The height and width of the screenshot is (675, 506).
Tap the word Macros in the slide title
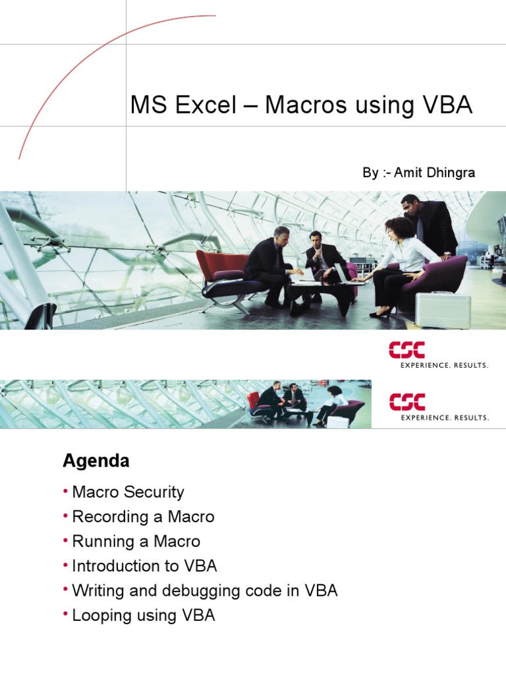coord(307,105)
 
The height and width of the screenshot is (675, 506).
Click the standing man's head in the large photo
coord(410,205)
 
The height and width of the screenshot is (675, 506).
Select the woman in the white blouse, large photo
coord(401,260)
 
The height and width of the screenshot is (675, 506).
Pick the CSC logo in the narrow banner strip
coord(407,401)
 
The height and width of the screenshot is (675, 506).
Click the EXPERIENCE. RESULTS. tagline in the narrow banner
coord(445,417)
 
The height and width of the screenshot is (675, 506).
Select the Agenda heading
coord(96,461)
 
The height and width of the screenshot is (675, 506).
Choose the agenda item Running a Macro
coord(136,542)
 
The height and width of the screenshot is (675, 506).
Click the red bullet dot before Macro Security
coord(66,492)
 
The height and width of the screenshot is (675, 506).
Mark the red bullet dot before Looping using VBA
coord(66,615)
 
